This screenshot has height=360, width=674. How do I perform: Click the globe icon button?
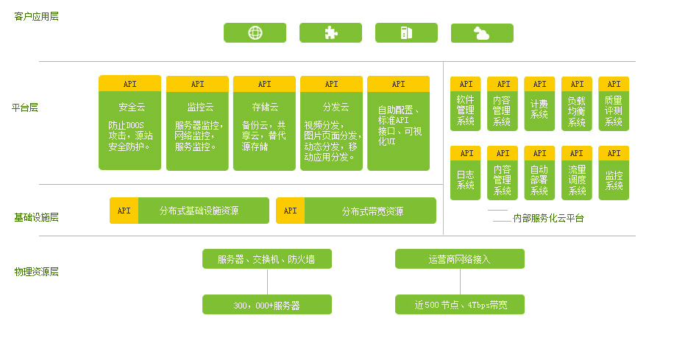tap(255, 32)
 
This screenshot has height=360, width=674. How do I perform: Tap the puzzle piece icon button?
tap(330, 32)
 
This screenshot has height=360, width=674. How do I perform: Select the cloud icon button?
tap(482, 33)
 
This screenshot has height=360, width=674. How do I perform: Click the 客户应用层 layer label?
tap(36, 16)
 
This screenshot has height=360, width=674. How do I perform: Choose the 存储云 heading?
tap(265, 107)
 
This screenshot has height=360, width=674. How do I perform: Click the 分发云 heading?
tap(332, 107)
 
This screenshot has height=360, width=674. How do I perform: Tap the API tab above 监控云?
tap(197, 84)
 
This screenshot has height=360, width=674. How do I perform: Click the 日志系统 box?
tap(466, 180)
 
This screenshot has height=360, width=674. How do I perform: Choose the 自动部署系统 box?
tap(539, 180)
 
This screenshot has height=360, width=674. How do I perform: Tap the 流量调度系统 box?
tap(577, 180)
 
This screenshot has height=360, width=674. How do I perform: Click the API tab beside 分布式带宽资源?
tap(290, 211)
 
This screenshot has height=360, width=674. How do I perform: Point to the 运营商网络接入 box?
tap(459, 259)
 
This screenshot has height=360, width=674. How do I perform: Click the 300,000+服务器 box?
tap(267, 305)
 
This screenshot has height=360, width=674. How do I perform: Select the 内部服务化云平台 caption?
tap(548, 219)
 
